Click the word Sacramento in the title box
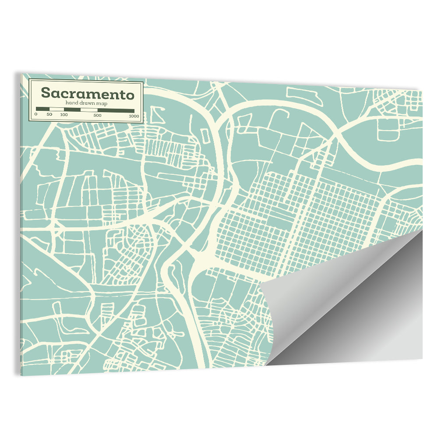pos(87,93)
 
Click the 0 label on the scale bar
pos(36,115)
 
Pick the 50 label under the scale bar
pos(49,115)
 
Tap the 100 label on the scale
pos(64,115)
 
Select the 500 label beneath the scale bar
pos(97,116)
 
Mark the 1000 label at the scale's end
pos(134,116)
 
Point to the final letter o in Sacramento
pos(129,95)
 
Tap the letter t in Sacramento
pos(120,94)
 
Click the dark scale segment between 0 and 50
pos(42,109)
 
